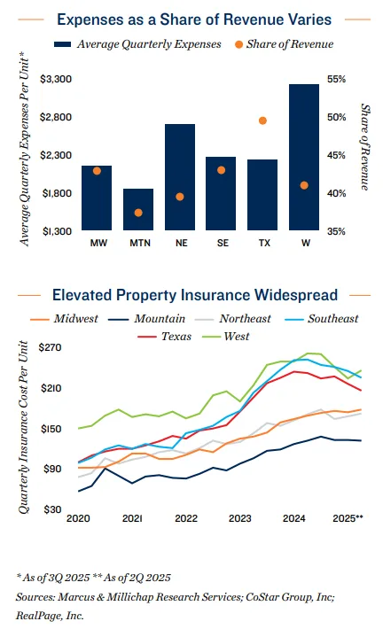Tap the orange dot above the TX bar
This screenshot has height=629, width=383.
[262, 120]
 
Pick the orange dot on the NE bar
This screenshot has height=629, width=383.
[180, 197]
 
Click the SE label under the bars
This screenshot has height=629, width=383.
[221, 242]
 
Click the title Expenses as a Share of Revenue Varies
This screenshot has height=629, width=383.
[191, 18]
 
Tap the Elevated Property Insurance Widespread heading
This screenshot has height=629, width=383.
[194, 294]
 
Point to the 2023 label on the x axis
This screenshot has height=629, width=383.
[238, 517]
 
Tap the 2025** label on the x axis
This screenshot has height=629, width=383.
[348, 517]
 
